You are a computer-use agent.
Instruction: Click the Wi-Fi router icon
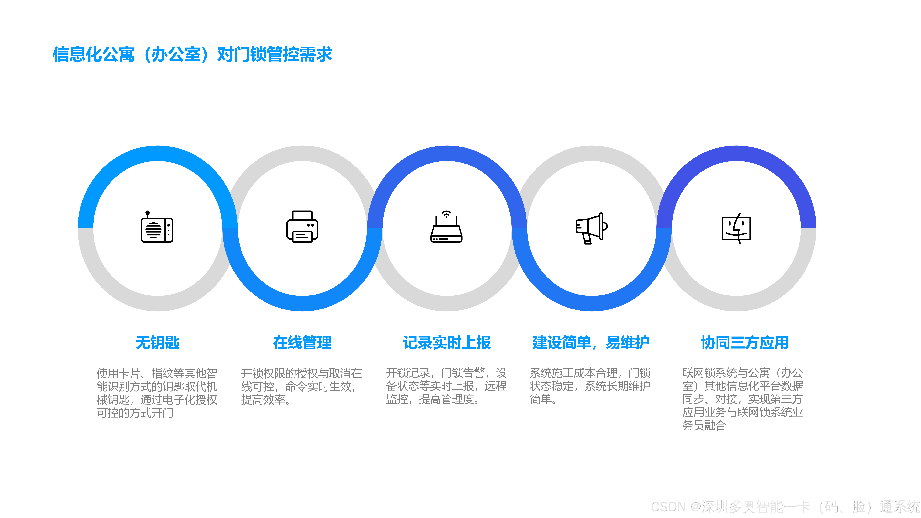point(446,229)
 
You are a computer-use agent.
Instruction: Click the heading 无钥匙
point(157,343)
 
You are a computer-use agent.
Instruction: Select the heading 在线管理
point(302,343)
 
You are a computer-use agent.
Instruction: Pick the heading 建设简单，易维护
point(591,343)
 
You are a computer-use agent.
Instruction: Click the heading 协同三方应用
point(744,343)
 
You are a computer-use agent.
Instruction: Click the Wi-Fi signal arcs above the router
point(446,214)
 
